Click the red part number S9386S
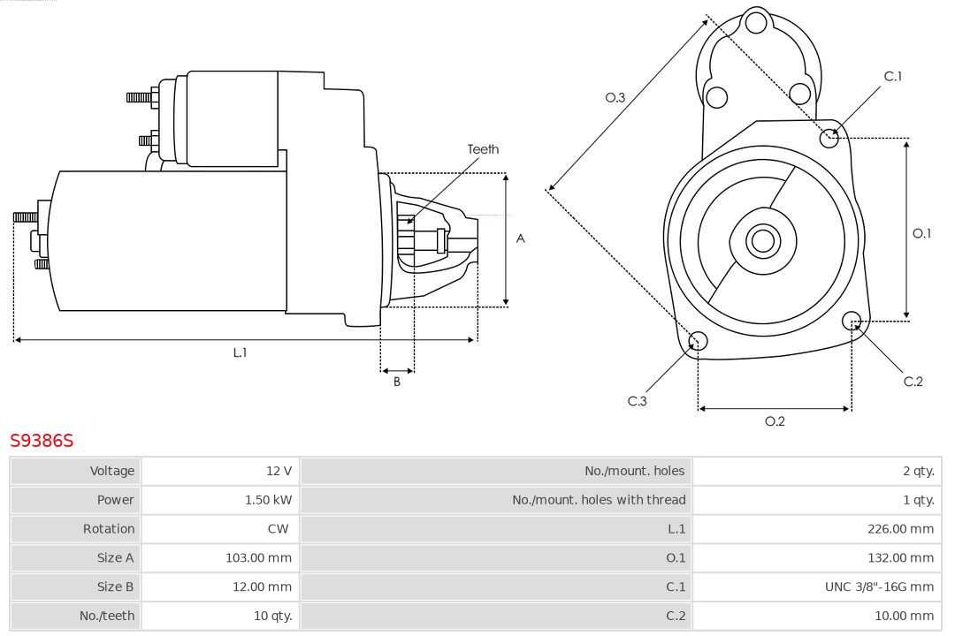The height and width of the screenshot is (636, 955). point(42,440)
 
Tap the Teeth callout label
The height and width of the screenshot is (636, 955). point(483,149)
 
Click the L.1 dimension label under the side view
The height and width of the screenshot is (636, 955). point(240,352)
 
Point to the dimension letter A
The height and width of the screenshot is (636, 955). point(520,238)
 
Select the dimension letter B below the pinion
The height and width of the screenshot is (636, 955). point(397,382)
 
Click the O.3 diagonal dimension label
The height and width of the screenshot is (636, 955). point(615,97)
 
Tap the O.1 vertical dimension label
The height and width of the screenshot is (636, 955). point(921,233)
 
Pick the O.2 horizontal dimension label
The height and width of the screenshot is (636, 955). point(775,421)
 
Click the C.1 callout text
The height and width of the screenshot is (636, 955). point(893,77)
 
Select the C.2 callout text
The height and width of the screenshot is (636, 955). point(913,382)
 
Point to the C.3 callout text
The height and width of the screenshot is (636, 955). point(638,401)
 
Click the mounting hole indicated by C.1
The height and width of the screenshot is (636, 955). point(829,137)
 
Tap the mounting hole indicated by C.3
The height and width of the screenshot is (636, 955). point(698,341)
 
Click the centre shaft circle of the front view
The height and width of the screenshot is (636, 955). point(761,240)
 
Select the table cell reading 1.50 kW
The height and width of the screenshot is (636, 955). point(268,500)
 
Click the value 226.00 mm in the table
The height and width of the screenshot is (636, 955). point(901,529)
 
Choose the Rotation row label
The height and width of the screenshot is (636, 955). point(109,529)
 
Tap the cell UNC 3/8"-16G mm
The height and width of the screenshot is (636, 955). point(879,587)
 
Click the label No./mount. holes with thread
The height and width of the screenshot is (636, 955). point(599,500)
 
